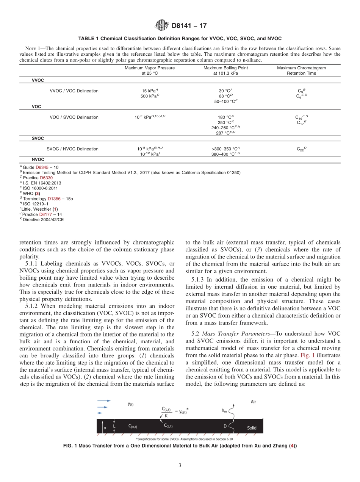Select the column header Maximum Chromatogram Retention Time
coord(301,70)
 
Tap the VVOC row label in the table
coord(37,80)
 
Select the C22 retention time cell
coord(302,149)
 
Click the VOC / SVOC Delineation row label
coord(74,117)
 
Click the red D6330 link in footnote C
coord(47,178)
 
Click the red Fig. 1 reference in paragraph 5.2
coord(307,356)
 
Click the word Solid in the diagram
coord(252,428)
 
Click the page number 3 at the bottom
coord(180,465)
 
